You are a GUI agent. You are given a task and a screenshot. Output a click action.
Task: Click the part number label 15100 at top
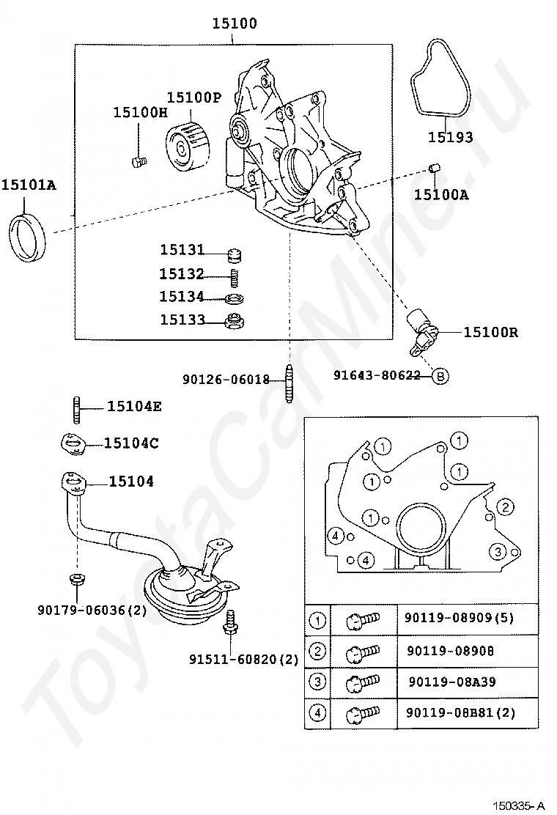coord(235,23)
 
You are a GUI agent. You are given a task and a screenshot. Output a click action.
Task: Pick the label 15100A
coord(441,195)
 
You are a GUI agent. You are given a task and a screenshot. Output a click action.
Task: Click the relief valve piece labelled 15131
coord(235,256)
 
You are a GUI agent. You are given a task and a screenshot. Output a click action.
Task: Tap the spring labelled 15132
coord(235,278)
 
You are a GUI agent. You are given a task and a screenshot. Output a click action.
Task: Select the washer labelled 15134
coord(235,299)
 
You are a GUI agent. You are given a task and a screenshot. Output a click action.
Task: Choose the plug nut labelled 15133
coord(235,321)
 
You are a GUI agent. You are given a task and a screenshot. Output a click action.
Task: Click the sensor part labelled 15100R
coord(422,331)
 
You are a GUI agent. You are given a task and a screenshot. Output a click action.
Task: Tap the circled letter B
coord(440,375)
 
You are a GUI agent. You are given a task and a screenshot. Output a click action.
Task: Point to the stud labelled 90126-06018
coord(288,383)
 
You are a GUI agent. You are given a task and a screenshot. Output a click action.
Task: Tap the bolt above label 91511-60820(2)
coord(231,622)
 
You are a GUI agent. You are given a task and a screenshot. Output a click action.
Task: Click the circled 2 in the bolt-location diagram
coord(505,506)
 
